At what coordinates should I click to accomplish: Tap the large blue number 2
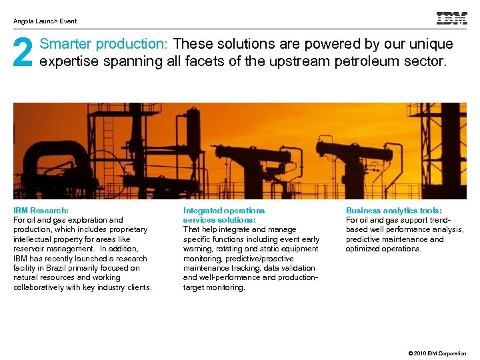click(23, 53)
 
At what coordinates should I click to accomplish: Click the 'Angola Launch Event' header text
click(45, 21)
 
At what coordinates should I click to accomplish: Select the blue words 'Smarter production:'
click(104, 45)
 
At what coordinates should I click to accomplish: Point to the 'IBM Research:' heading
click(41, 210)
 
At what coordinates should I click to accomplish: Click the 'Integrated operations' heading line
click(223, 210)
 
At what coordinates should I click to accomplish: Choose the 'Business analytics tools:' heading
click(393, 210)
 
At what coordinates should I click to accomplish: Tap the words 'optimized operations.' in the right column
click(383, 249)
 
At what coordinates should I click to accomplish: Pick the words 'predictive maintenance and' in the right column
click(394, 239)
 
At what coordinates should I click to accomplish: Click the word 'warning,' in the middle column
click(197, 249)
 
